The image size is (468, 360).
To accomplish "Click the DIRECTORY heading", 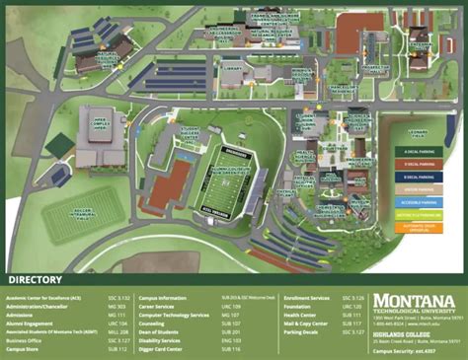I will [40, 279].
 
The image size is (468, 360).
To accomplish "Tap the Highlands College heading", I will [402, 332].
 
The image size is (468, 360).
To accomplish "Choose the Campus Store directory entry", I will [25, 349].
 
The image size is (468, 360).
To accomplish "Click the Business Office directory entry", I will [25, 340].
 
